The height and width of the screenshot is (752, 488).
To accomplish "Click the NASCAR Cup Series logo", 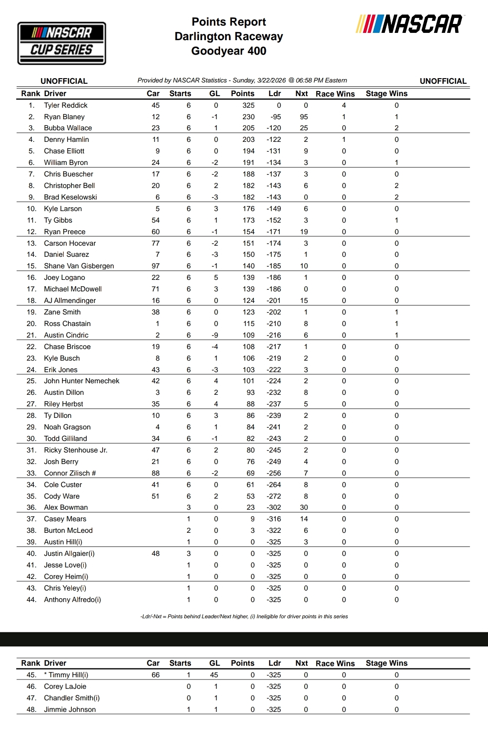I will pos(62,43).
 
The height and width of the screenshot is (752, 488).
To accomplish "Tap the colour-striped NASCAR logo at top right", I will pos(409,24).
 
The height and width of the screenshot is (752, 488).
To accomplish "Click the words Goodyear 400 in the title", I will pos(229,51).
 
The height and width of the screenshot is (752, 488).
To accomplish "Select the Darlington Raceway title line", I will pos(229,36).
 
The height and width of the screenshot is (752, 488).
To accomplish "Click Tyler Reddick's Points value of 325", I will pos(248,105).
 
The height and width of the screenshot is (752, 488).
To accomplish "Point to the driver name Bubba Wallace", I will pos(68,128).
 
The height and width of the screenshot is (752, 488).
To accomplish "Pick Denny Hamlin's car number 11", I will pos(156,139).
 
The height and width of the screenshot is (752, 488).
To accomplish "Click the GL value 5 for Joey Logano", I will pos(216,277).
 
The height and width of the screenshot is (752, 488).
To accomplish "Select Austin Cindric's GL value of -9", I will pos(215,335).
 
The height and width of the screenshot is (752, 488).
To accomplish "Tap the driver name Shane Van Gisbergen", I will pos(79,266).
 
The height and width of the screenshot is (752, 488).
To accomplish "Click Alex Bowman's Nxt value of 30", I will pos(304,507).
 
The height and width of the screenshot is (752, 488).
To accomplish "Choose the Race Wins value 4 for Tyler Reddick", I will pos(344,105).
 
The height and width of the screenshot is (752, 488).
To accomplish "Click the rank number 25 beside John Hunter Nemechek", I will pos(31,381).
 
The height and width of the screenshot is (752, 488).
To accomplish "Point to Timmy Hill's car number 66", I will pos(156,675).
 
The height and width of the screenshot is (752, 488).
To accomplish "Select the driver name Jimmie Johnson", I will pos(70,709).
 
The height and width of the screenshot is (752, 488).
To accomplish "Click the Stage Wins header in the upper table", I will pos(386,94).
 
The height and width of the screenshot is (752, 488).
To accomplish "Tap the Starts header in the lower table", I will pos(180,663).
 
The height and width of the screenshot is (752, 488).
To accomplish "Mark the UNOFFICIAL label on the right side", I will pos(443,81).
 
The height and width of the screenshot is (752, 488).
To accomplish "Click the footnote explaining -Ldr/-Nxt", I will pos(244,617).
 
